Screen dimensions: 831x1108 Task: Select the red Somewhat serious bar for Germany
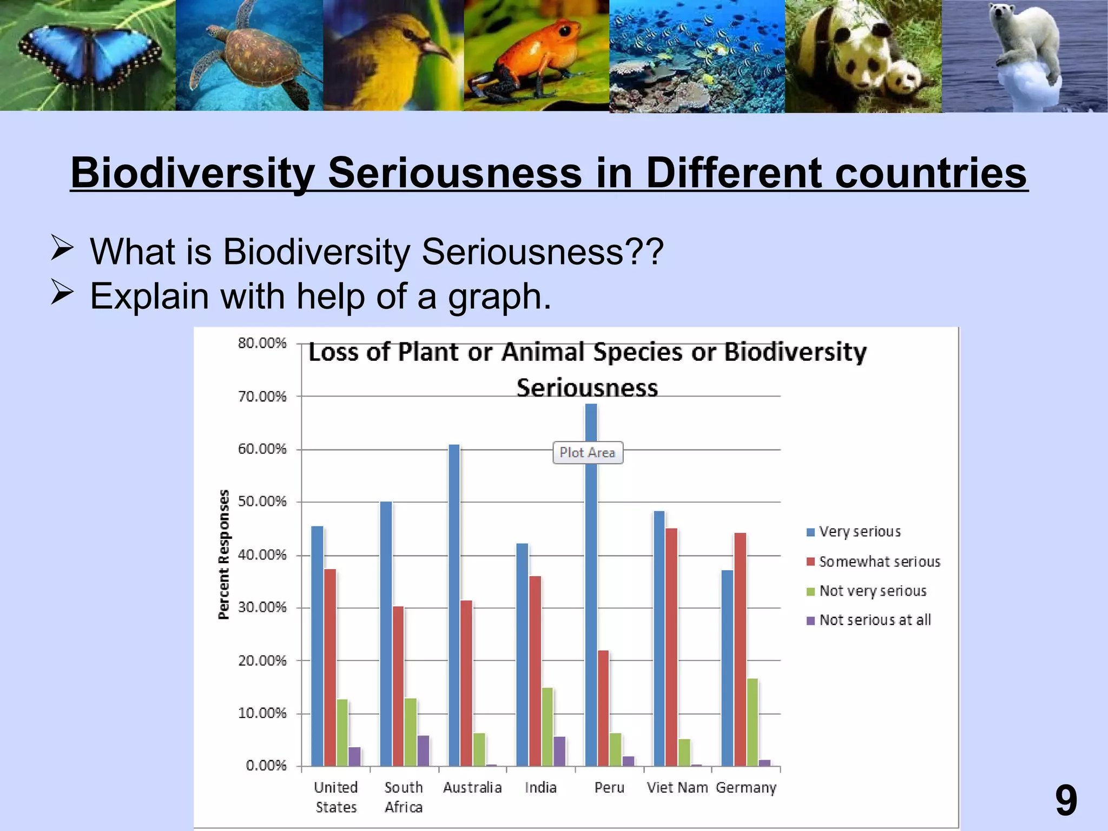[x=740, y=649]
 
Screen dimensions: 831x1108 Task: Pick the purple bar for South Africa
[x=423, y=750]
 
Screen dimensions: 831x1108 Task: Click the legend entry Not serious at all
[x=874, y=620]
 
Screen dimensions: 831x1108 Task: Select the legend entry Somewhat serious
[x=879, y=562]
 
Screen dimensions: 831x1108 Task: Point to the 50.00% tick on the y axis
[x=262, y=502]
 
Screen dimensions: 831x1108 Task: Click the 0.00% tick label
[x=266, y=766]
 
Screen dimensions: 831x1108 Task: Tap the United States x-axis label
[x=336, y=797]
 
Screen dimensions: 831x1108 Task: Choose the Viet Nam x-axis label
[x=677, y=788]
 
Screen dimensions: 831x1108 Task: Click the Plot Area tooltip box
[x=588, y=453]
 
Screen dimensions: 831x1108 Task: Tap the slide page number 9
[x=1066, y=801]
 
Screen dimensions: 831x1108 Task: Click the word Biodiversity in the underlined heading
[x=192, y=173]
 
